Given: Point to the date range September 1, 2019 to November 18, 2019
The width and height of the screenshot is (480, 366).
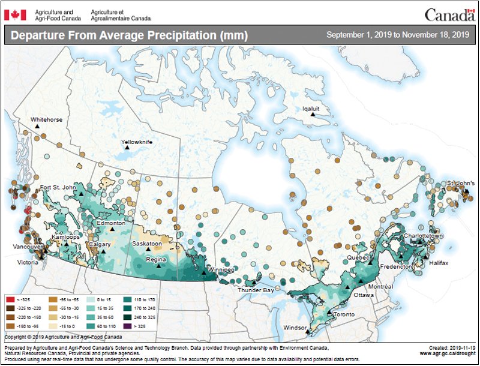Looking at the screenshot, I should [x=397, y=35].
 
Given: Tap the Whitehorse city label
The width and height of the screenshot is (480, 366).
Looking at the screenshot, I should [x=46, y=119].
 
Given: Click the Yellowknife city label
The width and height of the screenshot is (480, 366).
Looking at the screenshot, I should [x=137, y=142].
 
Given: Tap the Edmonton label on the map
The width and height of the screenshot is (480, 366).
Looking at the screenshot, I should [x=112, y=223].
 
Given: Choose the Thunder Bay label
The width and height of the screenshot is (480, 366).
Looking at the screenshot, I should [x=256, y=290].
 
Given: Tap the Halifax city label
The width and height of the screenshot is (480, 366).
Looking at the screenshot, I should [x=438, y=263].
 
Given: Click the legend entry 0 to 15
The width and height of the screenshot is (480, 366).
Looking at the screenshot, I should [x=92, y=298].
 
